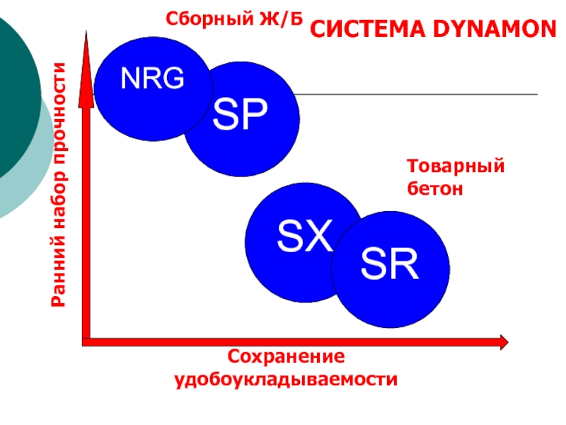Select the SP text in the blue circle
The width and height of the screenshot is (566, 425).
coord(241,115)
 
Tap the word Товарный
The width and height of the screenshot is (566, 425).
coord(456,167)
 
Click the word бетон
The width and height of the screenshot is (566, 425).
coord(434,188)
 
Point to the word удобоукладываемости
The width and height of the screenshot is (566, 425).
coord(287,379)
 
